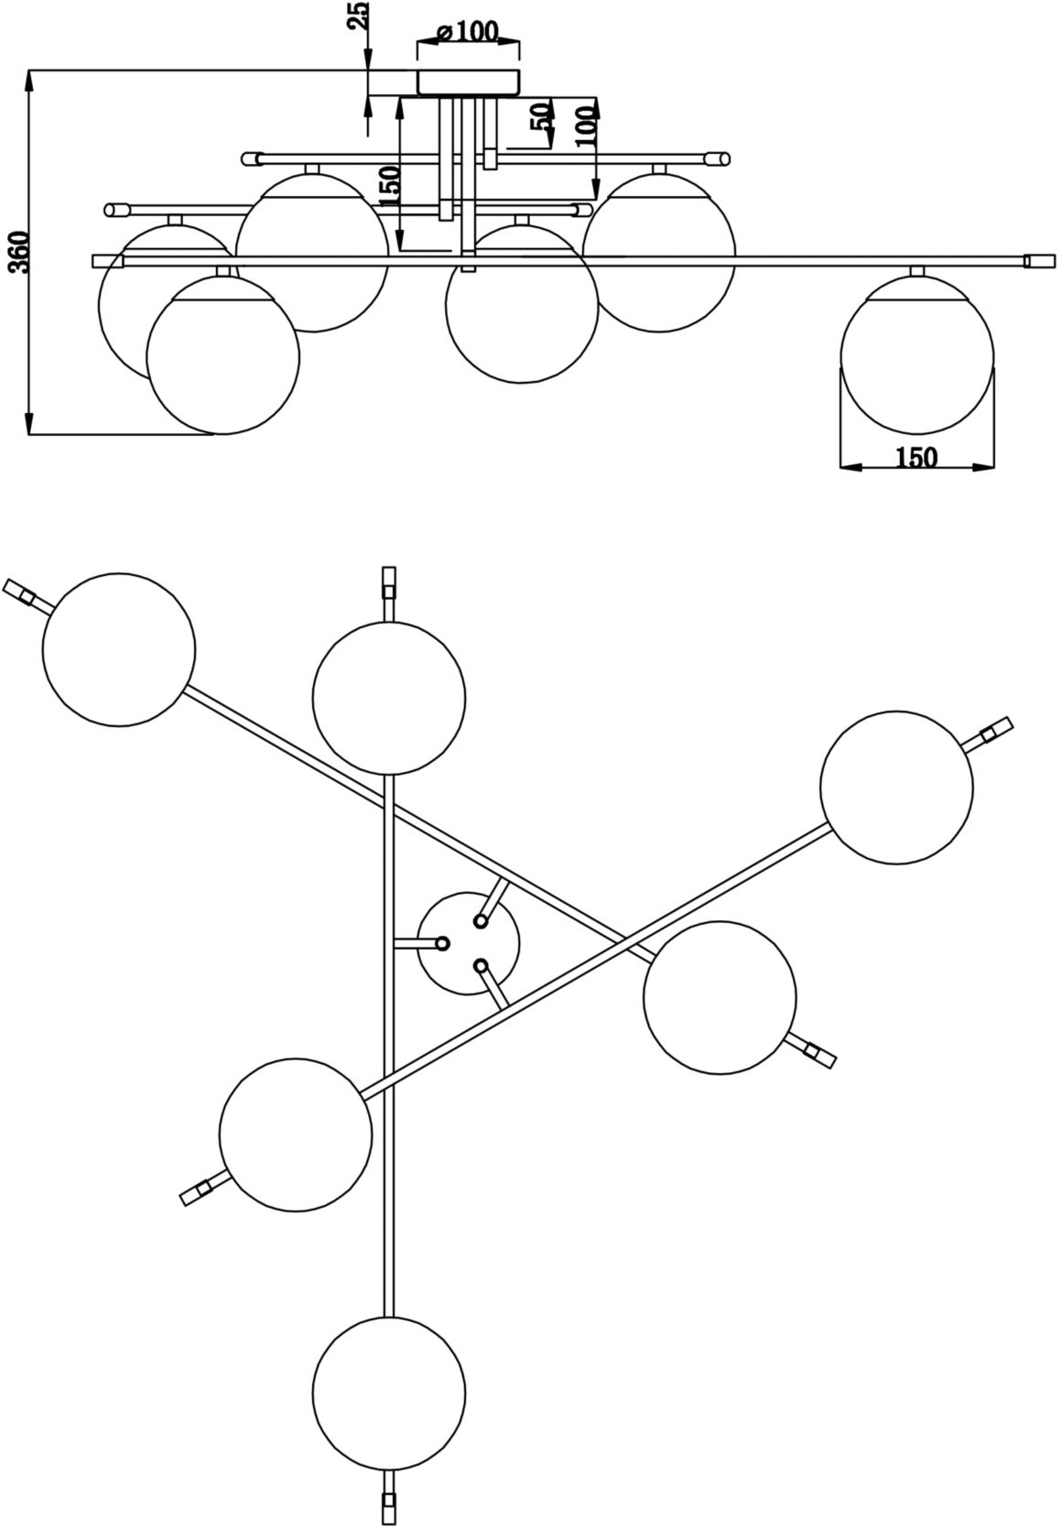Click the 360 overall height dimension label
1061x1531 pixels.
pos(20,252)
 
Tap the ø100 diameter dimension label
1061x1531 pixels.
pos(468,32)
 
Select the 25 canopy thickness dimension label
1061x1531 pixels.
pos(359,17)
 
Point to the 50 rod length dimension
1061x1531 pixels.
pos(541,117)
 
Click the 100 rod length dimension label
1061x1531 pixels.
pos(586,125)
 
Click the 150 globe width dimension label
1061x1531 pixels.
pos(916,456)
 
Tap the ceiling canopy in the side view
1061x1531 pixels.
pos(469,81)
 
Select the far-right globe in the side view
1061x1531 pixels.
pos(916,354)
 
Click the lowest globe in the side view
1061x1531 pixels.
pos(223,354)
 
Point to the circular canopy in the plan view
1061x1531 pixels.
pos(469,944)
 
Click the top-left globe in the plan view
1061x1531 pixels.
pos(119,650)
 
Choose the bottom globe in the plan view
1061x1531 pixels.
pos(388,1392)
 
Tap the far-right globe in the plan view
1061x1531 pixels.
pos(896,787)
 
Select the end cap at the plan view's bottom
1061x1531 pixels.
pos(388,1509)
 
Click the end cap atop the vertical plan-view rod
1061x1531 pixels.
pos(388,581)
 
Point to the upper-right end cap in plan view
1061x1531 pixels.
pos(995,730)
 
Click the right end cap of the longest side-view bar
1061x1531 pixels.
pos(1039,261)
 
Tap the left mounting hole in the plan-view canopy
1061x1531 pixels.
pos(442,943)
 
